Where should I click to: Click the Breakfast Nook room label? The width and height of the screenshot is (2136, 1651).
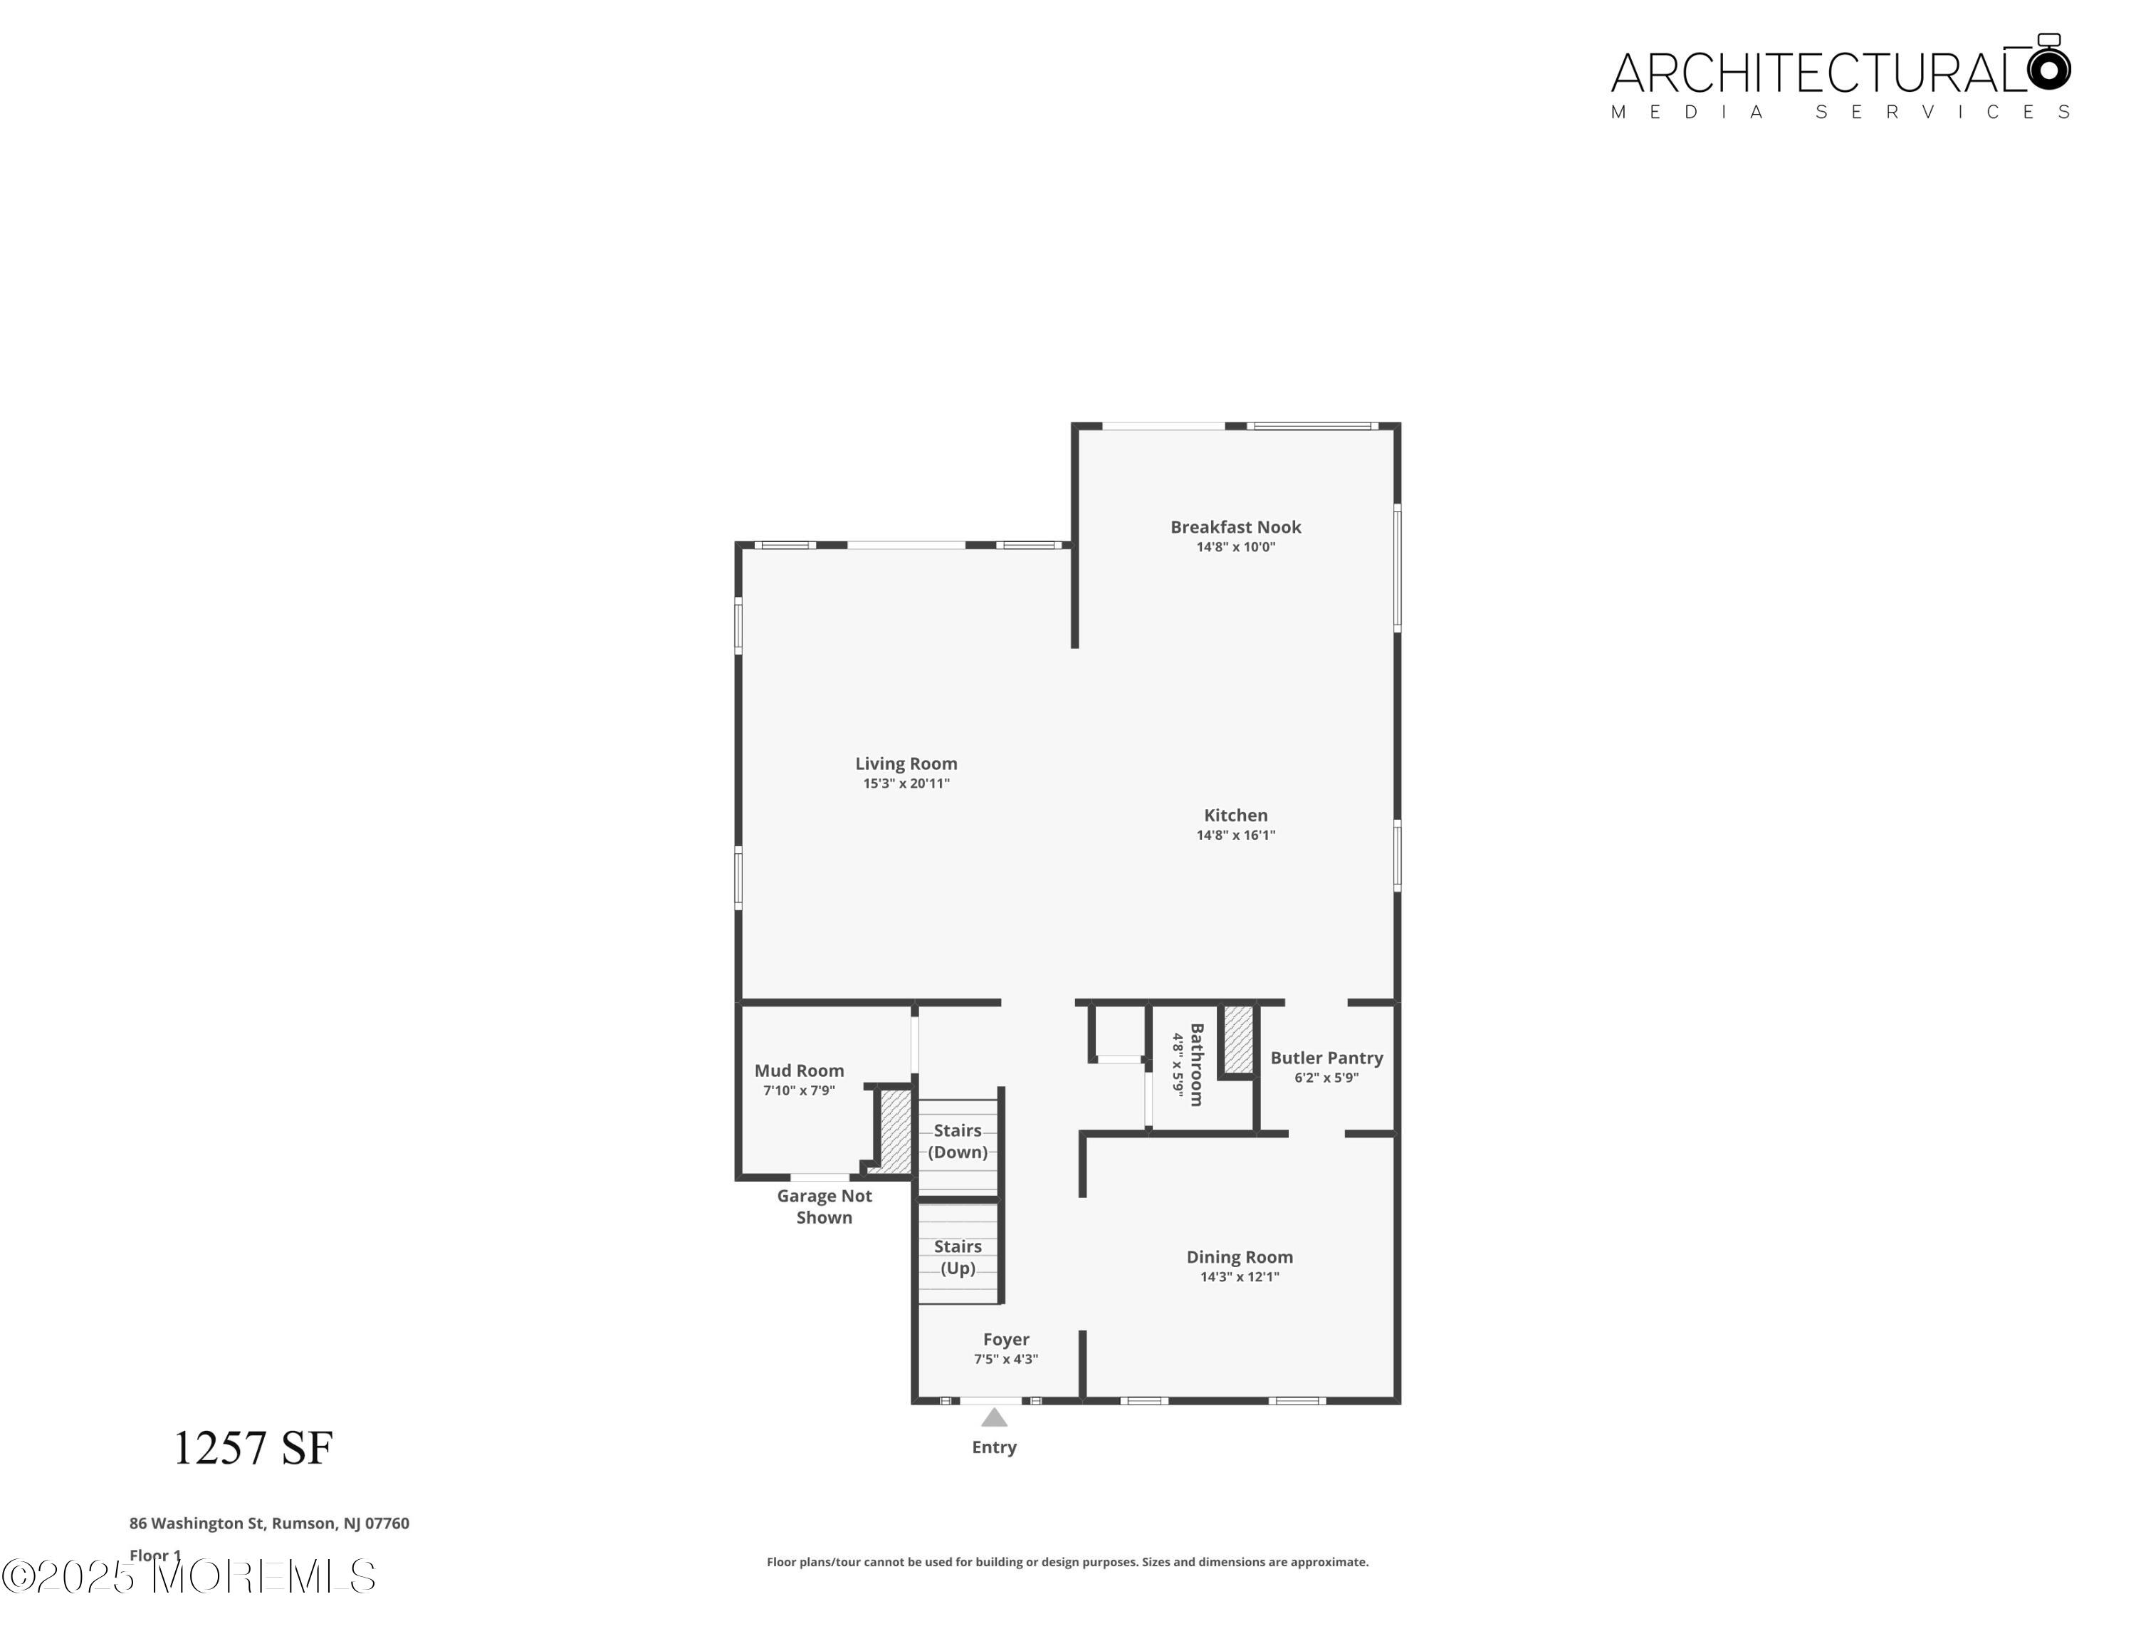[x=1235, y=526]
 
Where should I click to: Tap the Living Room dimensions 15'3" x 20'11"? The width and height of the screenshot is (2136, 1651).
[x=906, y=783]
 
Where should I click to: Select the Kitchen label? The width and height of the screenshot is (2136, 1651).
[x=1235, y=815]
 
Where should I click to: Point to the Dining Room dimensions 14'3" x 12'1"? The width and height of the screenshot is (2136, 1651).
[x=1239, y=1276]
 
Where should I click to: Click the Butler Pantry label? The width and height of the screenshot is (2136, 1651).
[x=1326, y=1057]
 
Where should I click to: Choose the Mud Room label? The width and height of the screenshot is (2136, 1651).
[x=798, y=1070]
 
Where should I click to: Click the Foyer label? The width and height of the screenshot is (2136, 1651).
[x=1005, y=1339]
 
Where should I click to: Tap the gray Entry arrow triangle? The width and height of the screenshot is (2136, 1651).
[x=994, y=1418]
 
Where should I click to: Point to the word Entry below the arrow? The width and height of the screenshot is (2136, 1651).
[x=994, y=1447]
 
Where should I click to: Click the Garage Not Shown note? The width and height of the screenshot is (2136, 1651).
[x=824, y=1206]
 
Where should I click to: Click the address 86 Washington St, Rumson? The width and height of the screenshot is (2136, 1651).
[x=269, y=1523]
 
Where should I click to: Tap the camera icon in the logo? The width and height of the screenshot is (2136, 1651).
[x=2048, y=65]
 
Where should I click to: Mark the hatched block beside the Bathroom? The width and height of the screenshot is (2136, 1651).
[x=1237, y=1038]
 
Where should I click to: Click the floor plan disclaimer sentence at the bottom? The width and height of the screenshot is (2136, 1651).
[x=1067, y=1562]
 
